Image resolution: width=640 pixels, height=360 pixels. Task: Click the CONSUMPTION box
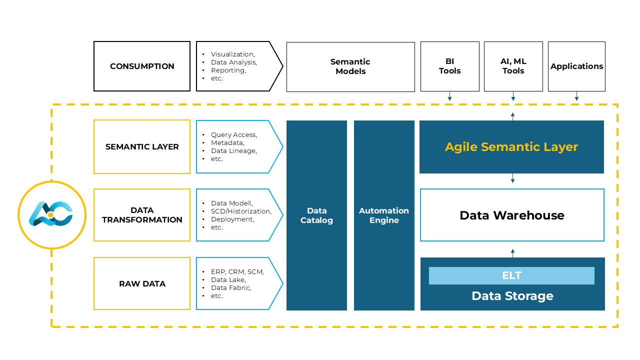[x=142, y=66]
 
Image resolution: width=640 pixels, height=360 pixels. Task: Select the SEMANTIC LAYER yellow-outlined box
[x=142, y=147]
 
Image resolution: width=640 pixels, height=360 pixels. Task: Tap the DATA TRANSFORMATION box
[x=142, y=215]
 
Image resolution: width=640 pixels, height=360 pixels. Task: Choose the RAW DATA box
[x=142, y=283]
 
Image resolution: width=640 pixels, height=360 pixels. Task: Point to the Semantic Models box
[x=350, y=66]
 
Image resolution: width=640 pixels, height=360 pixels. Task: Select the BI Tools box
[x=449, y=66]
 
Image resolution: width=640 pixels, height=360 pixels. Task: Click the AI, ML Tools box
[x=513, y=66]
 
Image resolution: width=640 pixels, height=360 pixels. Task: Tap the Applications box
[x=576, y=66]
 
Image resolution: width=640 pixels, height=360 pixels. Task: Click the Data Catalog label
[x=316, y=215]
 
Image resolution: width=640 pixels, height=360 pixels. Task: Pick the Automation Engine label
[x=384, y=215]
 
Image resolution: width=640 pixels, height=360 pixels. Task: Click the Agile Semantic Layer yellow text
[x=511, y=147]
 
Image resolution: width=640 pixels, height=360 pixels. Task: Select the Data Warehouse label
[x=512, y=215]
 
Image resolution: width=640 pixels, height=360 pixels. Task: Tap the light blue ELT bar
[x=511, y=275]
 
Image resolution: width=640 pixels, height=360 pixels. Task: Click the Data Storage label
[x=512, y=296]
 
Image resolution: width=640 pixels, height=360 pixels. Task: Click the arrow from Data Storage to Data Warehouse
[x=512, y=252]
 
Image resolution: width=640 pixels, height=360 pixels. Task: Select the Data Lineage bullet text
[x=233, y=151]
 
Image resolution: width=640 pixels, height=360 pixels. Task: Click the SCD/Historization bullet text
[x=241, y=211]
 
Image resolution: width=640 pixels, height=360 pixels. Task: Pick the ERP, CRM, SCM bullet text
[x=237, y=272]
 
